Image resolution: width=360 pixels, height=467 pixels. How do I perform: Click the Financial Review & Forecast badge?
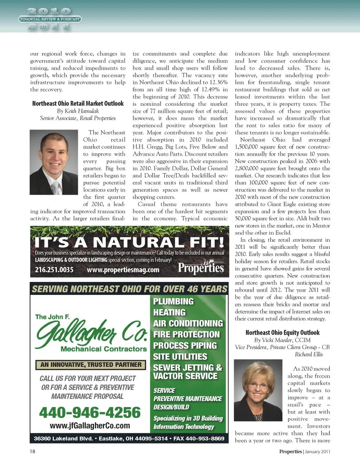[x=49, y=19]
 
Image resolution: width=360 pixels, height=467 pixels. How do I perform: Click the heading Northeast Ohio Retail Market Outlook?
[x=78, y=103]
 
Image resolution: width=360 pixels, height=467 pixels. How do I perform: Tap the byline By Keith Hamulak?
[x=78, y=111]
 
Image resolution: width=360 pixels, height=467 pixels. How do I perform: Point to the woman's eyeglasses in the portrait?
[x=259, y=385]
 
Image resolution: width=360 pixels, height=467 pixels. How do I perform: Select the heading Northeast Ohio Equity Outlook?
[x=282, y=332]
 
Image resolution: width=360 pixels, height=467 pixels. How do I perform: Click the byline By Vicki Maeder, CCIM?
[x=282, y=340]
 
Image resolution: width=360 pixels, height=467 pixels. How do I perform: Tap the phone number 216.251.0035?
[x=54, y=269]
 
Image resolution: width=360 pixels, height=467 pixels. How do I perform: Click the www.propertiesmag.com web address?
[x=123, y=269]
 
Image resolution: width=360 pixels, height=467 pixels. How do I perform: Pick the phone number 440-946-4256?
[x=90, y=413]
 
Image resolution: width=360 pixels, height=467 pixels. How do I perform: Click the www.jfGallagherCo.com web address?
[x=90, y=426]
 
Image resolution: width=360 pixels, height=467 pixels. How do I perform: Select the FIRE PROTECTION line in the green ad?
[x=186, y=334]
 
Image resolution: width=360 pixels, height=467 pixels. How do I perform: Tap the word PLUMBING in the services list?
[x=173, y=301]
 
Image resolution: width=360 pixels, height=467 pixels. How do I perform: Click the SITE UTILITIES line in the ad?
[x=180, y=356]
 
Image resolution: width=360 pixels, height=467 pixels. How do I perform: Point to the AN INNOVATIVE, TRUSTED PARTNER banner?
[x=91, y=365]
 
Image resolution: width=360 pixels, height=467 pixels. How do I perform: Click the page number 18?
[x=33, y=451]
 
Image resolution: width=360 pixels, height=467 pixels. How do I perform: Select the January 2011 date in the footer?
[x=318, y=452]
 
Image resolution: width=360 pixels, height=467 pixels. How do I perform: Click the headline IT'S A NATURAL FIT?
[x=129, y=242]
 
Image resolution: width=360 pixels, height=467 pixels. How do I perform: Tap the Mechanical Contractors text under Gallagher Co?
[x=103, y=349]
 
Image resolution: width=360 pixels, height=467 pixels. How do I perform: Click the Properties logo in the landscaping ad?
[x=201, y=268]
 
